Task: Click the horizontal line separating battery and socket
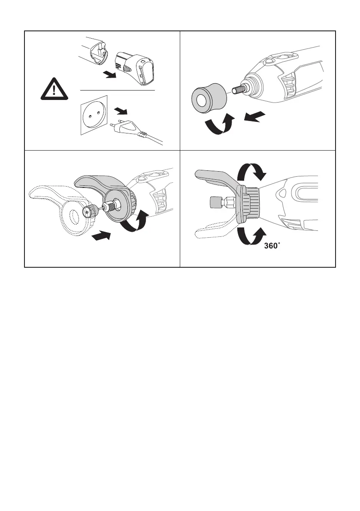(118, 91)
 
